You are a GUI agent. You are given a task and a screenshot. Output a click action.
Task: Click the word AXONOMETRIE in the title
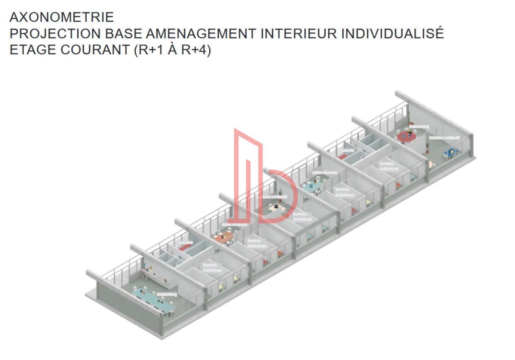point(61,17)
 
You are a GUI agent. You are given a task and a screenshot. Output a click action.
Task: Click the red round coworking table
point(406,136)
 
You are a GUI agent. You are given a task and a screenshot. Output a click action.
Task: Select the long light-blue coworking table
point(154,300)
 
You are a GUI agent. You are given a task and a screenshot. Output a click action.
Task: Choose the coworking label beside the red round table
point(419,127)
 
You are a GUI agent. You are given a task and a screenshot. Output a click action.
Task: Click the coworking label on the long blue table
point(167,294)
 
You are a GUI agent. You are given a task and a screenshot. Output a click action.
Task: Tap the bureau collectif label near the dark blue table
point(444,137)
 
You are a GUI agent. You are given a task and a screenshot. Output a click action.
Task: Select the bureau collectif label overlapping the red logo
point(272,197)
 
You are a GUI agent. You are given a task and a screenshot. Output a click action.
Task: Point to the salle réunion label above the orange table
point(234,225)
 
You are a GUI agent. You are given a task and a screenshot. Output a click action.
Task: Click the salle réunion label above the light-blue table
point(324,172)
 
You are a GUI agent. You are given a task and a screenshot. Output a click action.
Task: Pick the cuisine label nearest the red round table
point(347,150)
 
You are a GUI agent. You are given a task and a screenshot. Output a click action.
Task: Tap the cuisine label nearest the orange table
point(186,242)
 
